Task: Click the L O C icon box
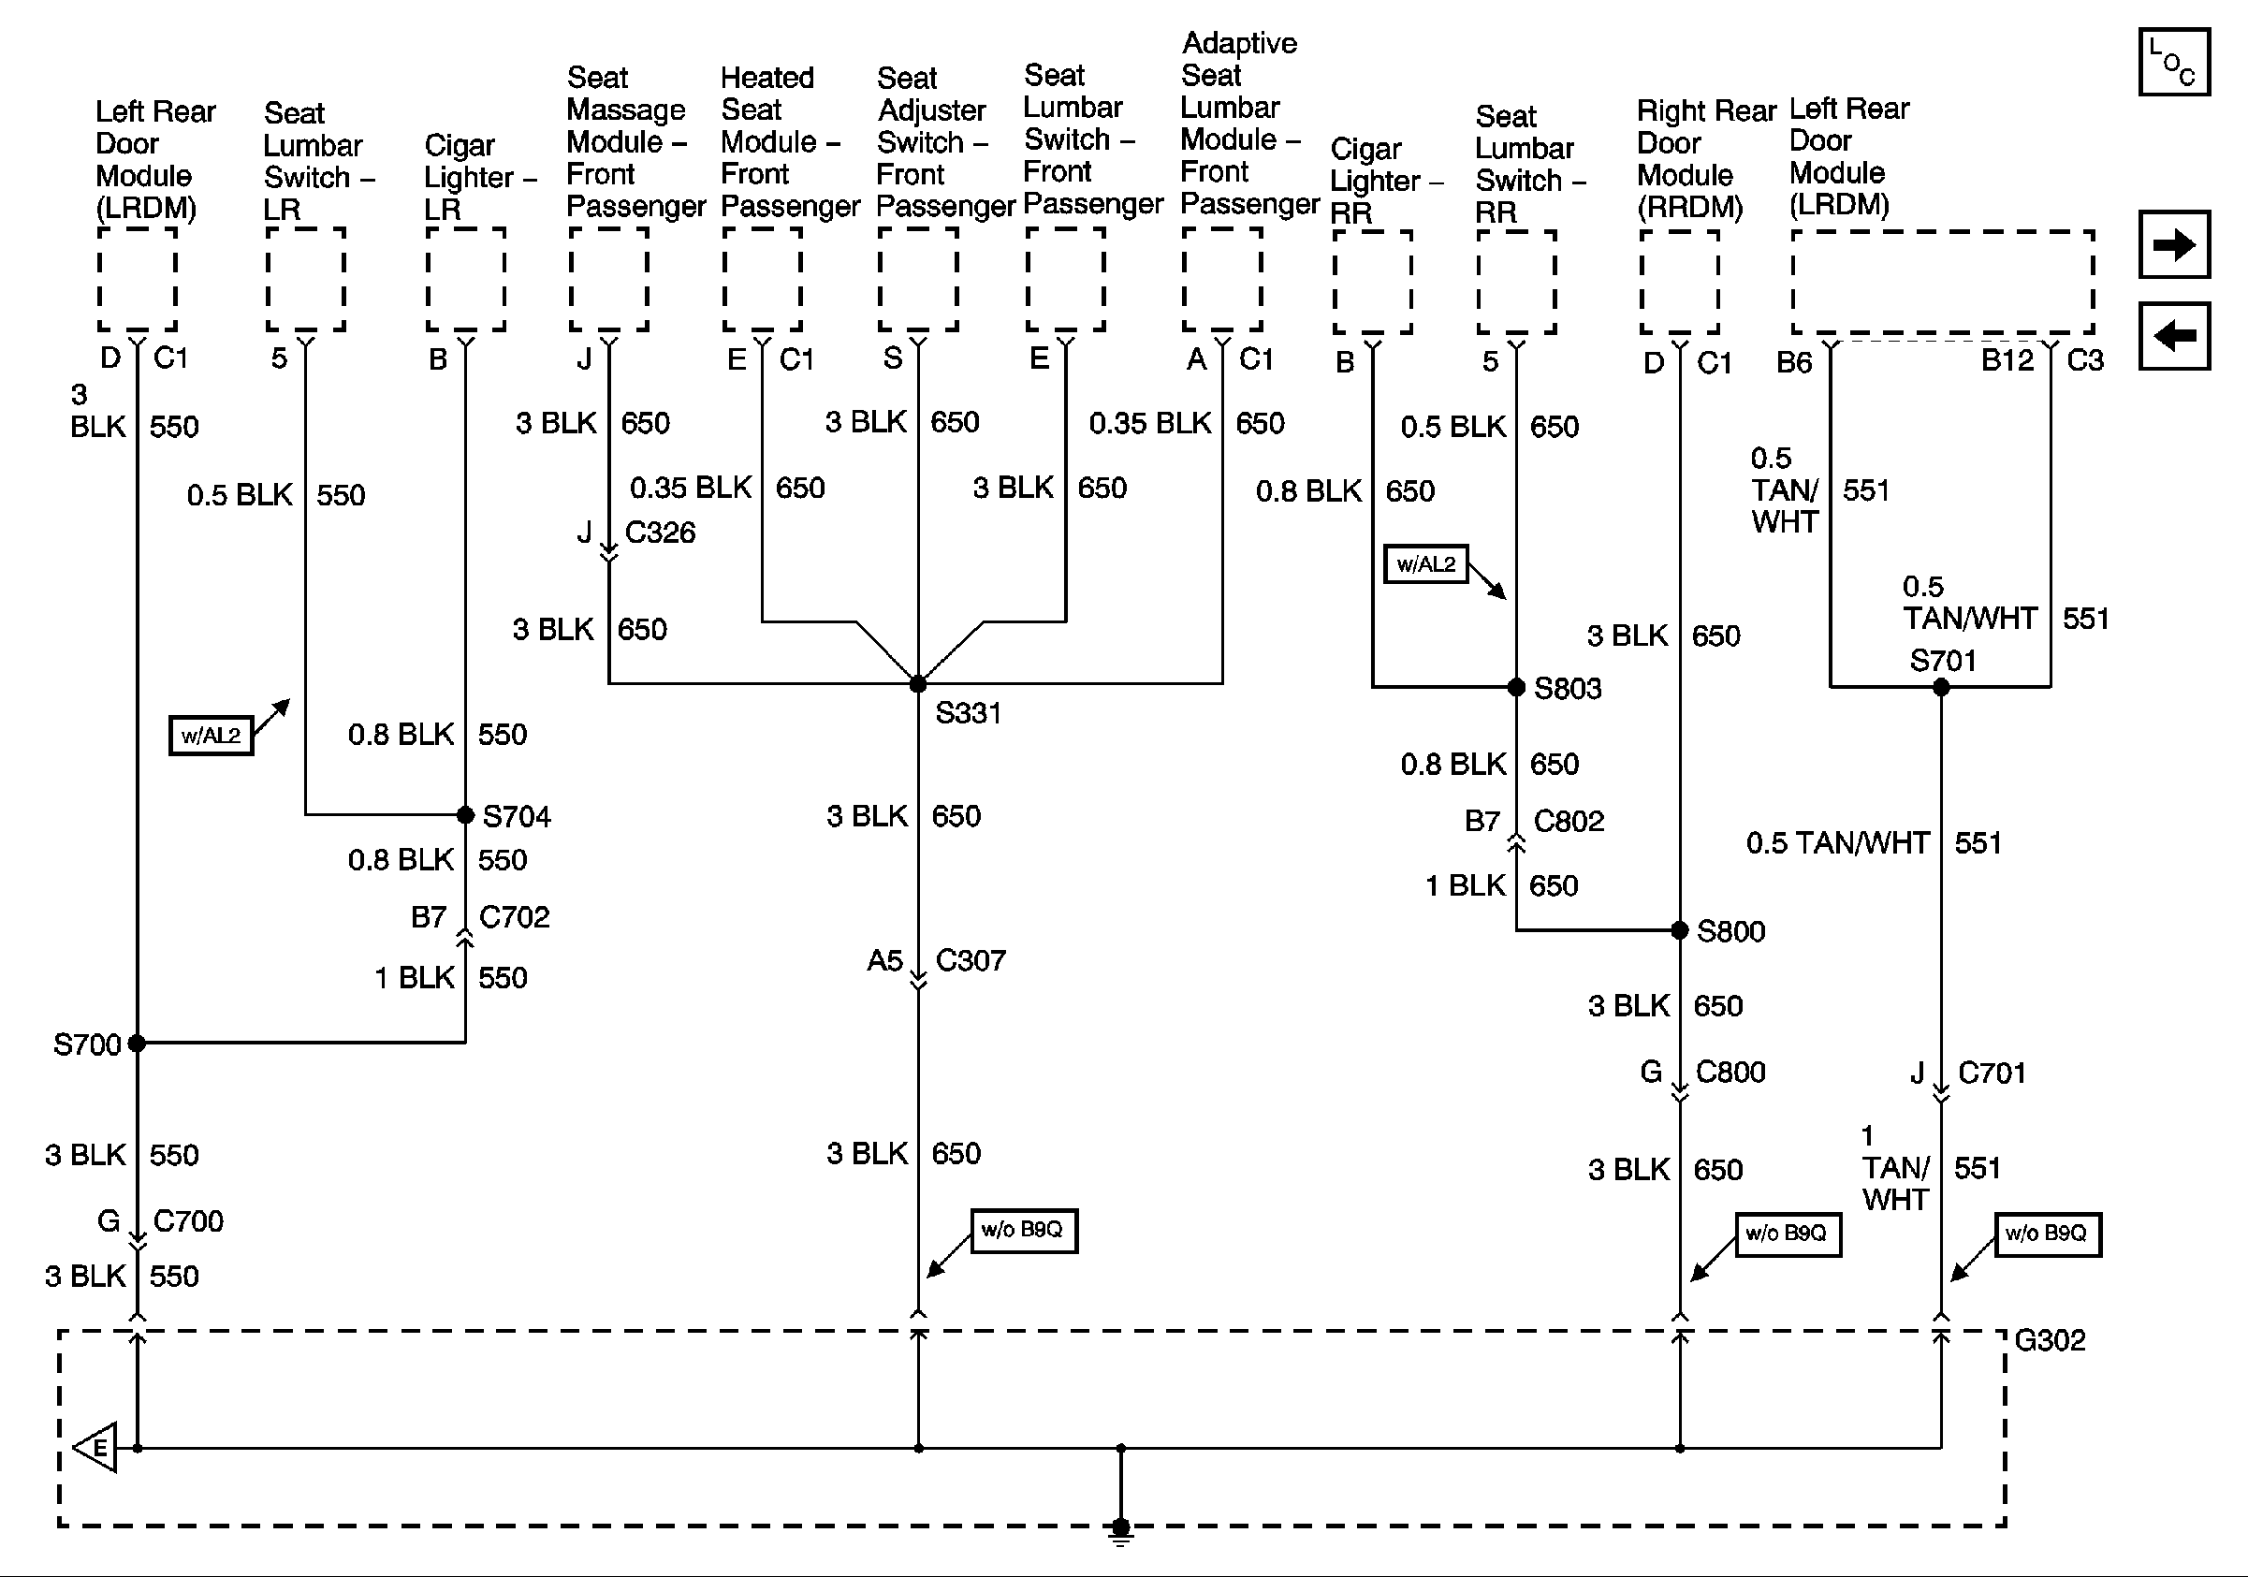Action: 2173,63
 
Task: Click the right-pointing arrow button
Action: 2173,243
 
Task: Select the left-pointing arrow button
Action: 2173,336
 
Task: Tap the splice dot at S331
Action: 917,684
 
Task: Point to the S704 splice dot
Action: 466,814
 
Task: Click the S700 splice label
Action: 86,1044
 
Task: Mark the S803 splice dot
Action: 1515,687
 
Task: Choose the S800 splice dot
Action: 1679,930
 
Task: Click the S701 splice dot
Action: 1941,687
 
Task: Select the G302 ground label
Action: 2050,1340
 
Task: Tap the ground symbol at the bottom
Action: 1121,1530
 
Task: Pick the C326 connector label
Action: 660,533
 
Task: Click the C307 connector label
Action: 971,960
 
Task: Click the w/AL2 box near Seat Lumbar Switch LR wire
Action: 211,735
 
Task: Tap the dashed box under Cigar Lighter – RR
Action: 1372,282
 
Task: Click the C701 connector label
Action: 1992,1073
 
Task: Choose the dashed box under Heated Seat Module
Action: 762,280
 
